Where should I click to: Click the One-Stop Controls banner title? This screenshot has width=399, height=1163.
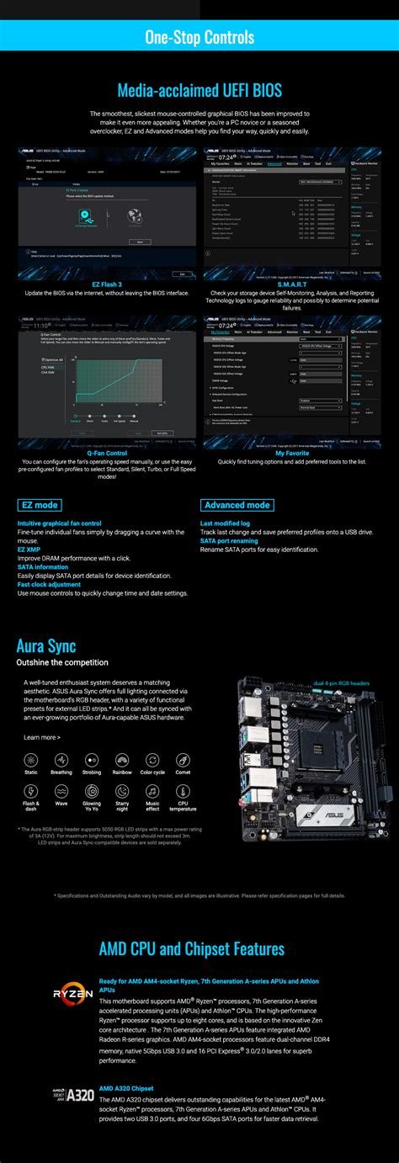point(199,38)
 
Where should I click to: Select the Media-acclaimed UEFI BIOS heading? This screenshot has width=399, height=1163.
point(199,89)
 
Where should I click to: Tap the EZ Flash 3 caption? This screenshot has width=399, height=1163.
point(107,284)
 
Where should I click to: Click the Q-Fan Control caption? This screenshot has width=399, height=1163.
point(107,453)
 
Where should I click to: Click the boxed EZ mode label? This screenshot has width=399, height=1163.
point(39,505)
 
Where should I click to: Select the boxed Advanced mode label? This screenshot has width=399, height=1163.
point(237,505)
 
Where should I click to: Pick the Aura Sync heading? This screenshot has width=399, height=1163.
point(46,646)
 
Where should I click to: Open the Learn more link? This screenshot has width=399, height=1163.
point(42,737)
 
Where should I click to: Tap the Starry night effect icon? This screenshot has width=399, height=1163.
point(122,792)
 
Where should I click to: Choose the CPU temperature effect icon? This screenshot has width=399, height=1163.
point(183,792)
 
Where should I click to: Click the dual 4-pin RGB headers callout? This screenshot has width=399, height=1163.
point(341,683)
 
